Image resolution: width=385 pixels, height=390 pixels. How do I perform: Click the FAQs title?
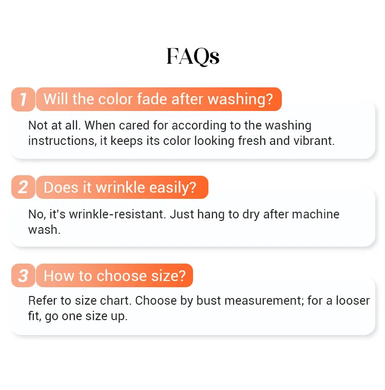click(193, 57)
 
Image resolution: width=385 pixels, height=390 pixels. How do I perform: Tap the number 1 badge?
click(23, 99)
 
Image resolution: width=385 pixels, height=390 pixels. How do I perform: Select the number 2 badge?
click(23, 187)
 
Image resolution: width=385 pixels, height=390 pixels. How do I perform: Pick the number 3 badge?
click(23, 275)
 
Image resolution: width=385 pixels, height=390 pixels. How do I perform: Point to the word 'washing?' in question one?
click(240, 100)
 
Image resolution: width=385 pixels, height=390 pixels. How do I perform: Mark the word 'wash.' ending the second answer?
click(45, 230)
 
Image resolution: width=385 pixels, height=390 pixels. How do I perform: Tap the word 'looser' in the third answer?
click(353, 301)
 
